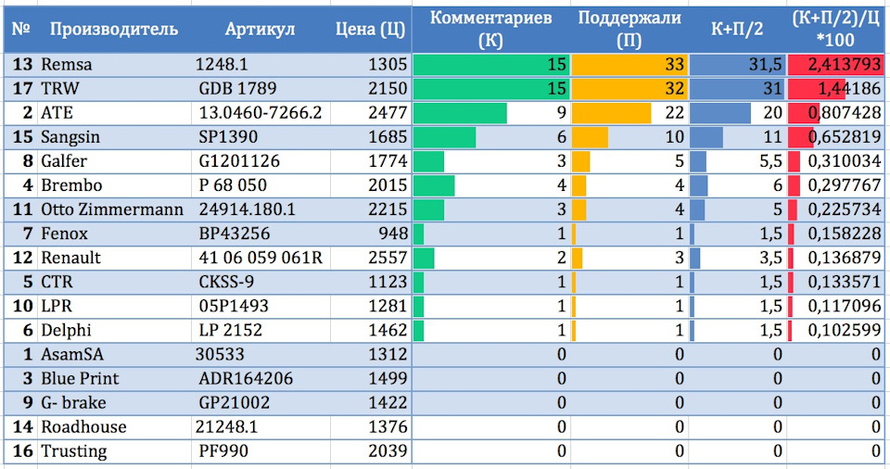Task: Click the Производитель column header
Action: [113, 30]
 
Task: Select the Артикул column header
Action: [260, 30]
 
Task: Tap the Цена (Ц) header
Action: [369, 30]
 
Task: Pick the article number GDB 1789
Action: [237, 89]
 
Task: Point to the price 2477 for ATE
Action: [388, 113]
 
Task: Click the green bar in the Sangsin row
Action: [445, 137]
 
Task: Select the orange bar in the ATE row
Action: [611, 113]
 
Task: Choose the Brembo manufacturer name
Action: [71, 185]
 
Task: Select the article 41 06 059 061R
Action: [259, 258]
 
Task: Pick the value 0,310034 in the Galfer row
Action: [844, 161]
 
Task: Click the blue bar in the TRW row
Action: [737, 89]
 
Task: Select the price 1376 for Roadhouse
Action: [388, 427]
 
